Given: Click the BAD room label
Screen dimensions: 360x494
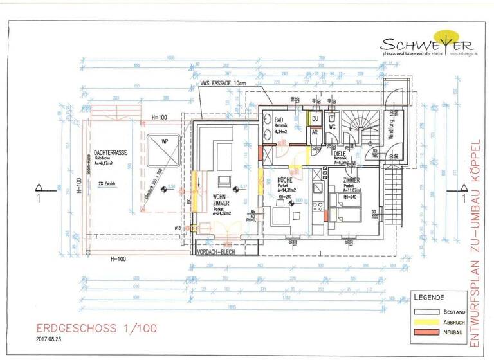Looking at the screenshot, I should [279, 120].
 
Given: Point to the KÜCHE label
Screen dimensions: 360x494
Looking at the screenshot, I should [285, 181].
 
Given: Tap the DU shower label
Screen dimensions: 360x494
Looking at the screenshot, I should [315, 118].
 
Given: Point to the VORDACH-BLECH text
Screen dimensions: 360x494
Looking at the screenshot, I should [223, 252].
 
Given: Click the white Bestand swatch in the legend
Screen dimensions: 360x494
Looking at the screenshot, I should [424, 311].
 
